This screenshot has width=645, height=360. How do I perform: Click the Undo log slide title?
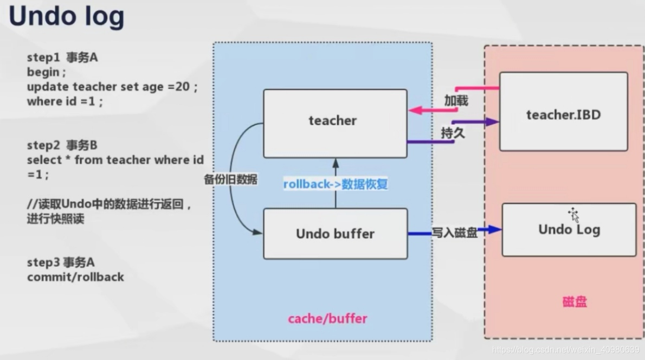click(x=66, y=17)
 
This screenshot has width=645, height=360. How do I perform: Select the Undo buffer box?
click(x=335, y=234)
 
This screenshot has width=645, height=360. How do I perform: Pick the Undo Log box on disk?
click(x=569, y=229)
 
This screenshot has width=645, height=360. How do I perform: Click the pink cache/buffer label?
click(x=327, y=318)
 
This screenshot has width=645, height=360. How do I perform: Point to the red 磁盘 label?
click(x=575, y=302)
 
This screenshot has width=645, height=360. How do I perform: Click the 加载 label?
click(x=456, y=101)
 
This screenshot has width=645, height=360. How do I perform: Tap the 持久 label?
click(x=453, y=133)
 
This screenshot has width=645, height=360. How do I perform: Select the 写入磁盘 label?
click(x=454, y=233)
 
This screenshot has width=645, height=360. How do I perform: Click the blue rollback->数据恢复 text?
click(x=336, y=184)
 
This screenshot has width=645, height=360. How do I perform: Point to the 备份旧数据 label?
click(x=230, y=180)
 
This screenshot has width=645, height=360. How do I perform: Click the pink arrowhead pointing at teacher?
click(x=414, y=110)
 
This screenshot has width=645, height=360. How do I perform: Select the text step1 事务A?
click(x=62, y=57)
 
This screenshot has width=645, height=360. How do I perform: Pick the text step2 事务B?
click(x=62, y=145)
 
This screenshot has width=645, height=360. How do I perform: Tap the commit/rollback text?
click(x=75, y=277)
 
